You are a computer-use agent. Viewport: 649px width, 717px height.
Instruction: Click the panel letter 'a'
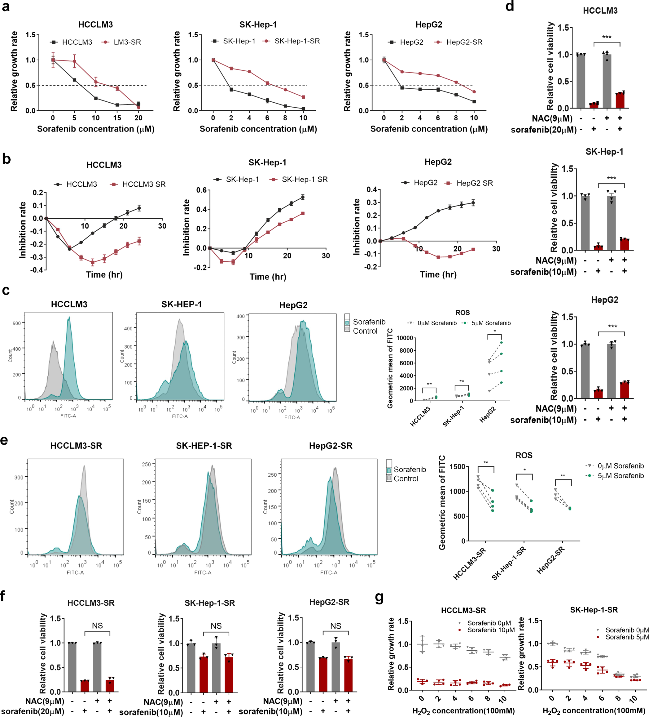point(6,7)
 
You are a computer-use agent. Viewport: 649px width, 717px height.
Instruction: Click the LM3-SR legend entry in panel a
point(127,42)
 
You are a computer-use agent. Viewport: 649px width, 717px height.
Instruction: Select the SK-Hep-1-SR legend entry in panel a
point(296,41)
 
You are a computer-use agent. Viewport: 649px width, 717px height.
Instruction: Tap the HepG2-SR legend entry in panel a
point(464,42)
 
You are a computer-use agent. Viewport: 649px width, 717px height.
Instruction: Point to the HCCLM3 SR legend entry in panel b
point(143,184)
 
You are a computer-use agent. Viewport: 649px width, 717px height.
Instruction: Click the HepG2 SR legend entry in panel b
point(474,183)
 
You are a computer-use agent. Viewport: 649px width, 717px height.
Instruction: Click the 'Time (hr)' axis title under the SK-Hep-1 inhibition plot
point(267,277)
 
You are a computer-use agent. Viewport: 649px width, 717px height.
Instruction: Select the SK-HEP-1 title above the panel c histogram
point(182,305)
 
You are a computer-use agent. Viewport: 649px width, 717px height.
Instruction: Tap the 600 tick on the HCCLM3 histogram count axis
point(17,323)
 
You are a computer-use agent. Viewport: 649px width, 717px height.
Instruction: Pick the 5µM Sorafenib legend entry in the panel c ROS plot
point(491,323)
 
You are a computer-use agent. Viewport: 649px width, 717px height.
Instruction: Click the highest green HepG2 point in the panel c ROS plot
point(501,342)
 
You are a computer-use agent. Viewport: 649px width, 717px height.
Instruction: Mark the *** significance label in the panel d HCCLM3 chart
point(607,37)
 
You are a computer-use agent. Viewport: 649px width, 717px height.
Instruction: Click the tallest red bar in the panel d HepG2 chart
point(625,390)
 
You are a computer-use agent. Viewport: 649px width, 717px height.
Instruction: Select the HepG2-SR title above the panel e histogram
point(330,446)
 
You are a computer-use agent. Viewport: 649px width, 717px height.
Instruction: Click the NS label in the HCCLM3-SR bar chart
point(97,626)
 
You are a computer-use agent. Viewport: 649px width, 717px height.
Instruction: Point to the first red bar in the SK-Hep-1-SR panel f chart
point(204,674)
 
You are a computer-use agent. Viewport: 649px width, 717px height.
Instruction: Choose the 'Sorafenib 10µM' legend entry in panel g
point(491,630)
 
